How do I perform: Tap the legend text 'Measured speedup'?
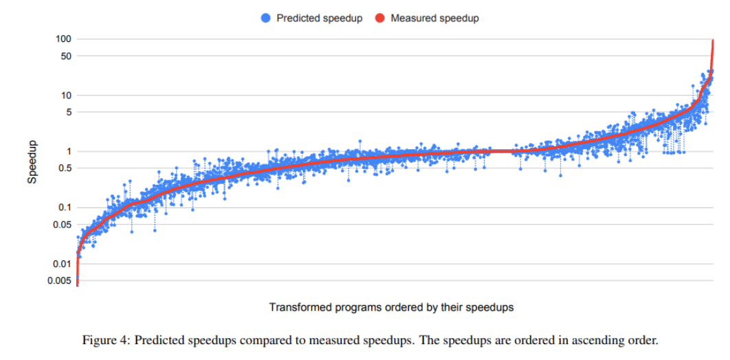point(434,19)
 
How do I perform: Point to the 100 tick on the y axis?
point(63,39)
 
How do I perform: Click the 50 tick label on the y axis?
point(65,56)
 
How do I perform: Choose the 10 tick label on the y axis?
point(65,95)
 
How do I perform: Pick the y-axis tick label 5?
point(68,112)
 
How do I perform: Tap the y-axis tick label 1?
point(68,151)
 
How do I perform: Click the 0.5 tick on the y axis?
point(65,168)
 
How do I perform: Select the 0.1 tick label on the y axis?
point(65,207)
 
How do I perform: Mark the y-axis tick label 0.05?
point(63,225)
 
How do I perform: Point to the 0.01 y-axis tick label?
point(63,264)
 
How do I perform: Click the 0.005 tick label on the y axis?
point(60,280)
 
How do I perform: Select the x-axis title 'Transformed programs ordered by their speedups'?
point(391,307)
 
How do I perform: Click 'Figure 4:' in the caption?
point(104,340)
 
